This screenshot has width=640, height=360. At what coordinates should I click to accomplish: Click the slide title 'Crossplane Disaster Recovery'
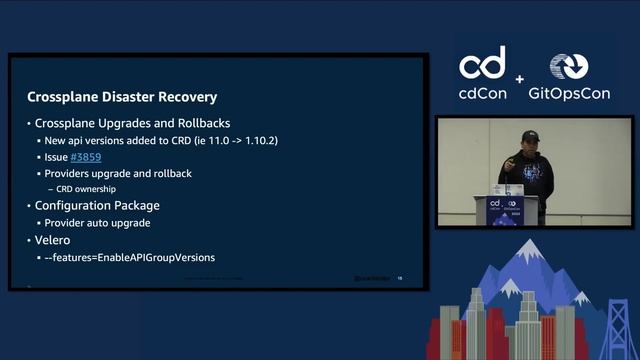pos(121,97)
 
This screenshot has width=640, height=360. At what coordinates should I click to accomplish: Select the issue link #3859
pos(85,158)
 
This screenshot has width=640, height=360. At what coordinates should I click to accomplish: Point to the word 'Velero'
pos(55,240)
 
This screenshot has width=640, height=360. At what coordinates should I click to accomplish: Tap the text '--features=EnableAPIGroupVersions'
pos(130,257)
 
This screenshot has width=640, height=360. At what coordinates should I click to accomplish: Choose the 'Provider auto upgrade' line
pos(99,222)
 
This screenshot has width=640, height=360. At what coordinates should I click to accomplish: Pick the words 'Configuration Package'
pos(97,206)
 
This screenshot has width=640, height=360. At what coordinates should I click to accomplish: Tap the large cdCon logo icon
pos(482,64)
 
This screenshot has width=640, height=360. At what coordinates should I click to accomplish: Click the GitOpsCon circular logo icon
pos(570,66)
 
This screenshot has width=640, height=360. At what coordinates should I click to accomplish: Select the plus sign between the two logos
pos(520,79)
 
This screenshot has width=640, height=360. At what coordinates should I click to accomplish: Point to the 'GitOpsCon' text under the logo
pos(572,94)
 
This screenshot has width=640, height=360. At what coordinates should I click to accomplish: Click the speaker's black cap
pos(530,135)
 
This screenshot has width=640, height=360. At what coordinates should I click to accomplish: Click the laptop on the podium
pos(508,189)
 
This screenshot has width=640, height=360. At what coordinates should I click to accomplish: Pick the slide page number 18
pos(399,278)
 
